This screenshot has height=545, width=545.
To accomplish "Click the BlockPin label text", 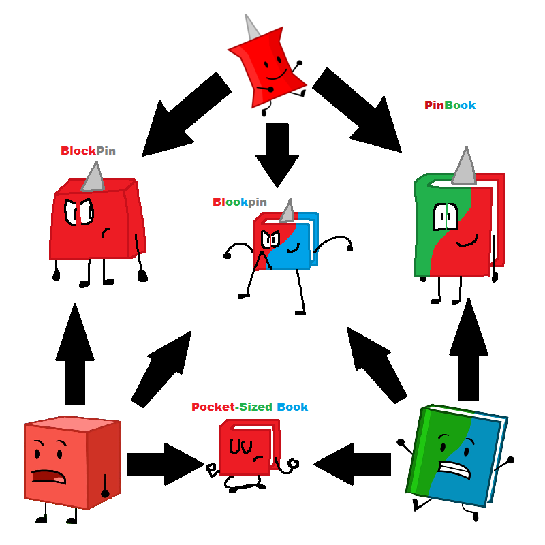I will click(x=88, y=151).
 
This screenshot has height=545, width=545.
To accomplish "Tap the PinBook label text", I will click(x=450, y=105).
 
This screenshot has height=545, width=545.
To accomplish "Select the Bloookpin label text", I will click(x=239, y=202).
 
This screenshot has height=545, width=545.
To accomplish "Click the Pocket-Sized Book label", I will click(x=249, y=407).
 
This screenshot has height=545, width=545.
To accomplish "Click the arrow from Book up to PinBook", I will click(x=469, y=351).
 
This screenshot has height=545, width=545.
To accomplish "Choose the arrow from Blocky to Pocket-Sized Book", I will click(x=163, y=464).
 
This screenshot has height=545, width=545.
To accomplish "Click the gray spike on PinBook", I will click(x=465, y=168).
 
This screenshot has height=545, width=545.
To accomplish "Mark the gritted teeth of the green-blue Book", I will click(x=452, y=469).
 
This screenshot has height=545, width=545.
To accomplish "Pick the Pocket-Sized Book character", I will click(x=248, y=453).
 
